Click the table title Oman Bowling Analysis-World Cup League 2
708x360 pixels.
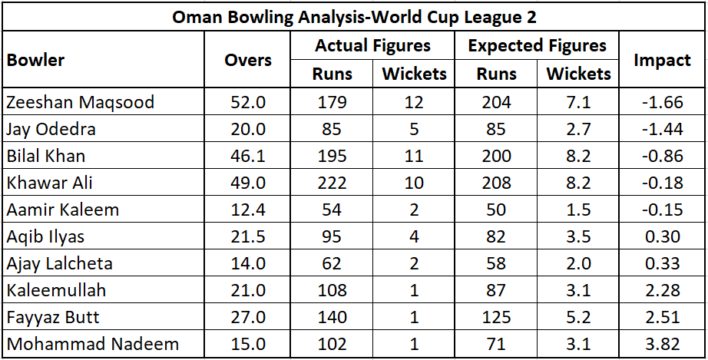tap(353, 16)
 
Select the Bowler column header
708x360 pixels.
tap(35, 60)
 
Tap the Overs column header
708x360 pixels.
tap(247, 60)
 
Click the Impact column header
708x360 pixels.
tap(662, 60)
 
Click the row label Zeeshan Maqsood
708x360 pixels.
tap(80, 102)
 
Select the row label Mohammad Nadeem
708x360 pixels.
tap(92, 344)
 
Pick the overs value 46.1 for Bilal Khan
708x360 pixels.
tap(247, 156)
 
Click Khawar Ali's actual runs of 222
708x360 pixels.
tap(332, 183)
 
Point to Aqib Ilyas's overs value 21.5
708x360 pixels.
tap(247, 236)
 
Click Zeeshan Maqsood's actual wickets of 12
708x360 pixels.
tap(414, 102)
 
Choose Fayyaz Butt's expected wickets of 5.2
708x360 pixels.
tap(578, 317)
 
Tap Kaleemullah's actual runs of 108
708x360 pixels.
tap(332, 290)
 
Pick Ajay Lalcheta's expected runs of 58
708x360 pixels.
tap(495, 263)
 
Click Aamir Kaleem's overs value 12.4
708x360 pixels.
tap(247, 210)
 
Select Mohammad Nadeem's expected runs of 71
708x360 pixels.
tap(495, 344)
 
